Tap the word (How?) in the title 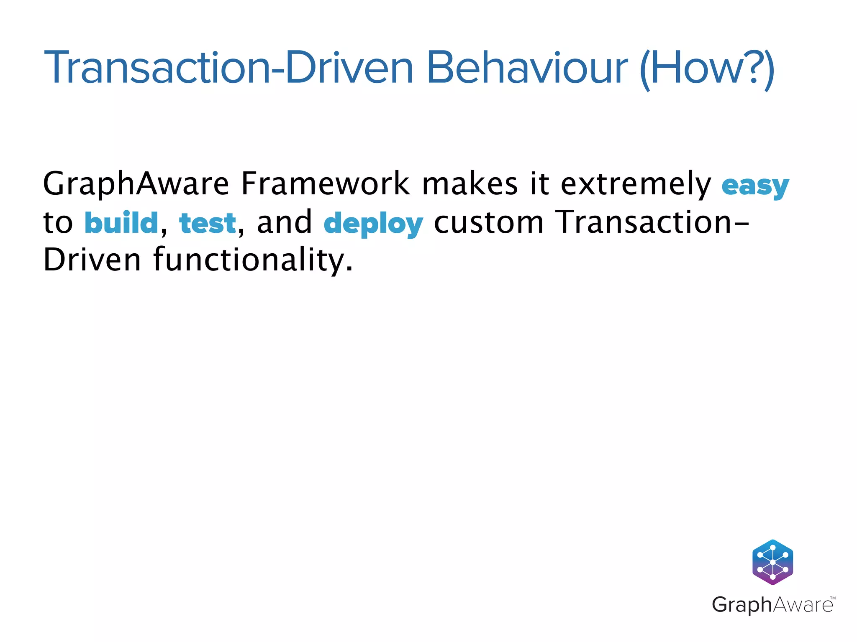coord(707,69)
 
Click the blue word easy coord(755,186)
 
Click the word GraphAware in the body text coord(136,184)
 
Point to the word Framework coord(325,183)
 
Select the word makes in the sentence coord(470,183)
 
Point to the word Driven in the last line coord(92,260)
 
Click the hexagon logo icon coord(772,562)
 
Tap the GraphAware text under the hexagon coord(772,605)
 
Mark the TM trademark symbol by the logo coord(832,598)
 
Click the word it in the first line coord(539,183)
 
